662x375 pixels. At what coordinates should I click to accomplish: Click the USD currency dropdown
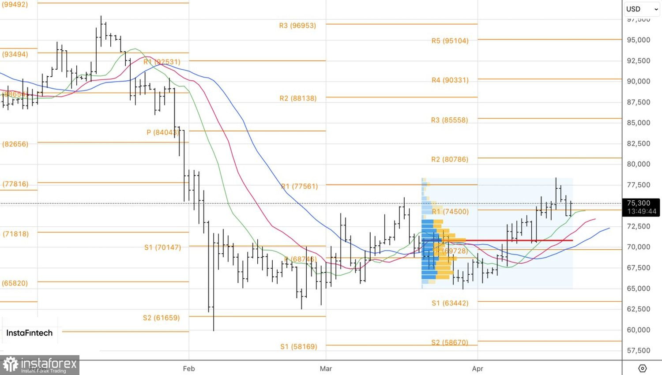pyautogui.click(x=642, y=9)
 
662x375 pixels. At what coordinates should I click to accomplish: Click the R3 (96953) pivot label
pyautogui.click(x=297, y=26)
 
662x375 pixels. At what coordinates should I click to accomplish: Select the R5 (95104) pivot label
pyautogui.click(x=450, y=41)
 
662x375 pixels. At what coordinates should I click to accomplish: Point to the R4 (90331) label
pyautogui.click(x=450, y=80)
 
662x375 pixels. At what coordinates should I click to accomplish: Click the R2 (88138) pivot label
pyautogui.click(x=298, y=98)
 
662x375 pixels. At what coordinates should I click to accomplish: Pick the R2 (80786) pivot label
pyautogui.click(x=449, y=159)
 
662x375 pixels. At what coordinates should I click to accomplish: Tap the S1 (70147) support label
pyautogui.click(x=162, y=247)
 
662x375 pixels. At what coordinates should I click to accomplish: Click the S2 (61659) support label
pyautogui.click(x=161, y=318)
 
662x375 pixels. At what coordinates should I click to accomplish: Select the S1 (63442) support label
pyautogui.click(x=450, y=303)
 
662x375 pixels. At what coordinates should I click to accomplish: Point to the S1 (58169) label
pyautogui.click(x=298, y=347)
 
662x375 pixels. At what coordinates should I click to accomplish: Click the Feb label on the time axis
pyautogui.click(x=189, y=369)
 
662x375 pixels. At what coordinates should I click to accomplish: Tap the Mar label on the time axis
pyautogui.click(x=326, y=369)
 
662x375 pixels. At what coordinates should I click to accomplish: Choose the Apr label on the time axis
pyautogui.click(x=478, y=369)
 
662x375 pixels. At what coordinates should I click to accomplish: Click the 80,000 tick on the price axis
pyautogui.click(x=638, y=164)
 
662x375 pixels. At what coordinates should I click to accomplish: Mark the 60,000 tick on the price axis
pyautogui.click(x=638, y=330)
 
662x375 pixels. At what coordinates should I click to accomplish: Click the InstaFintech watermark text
pyautogui.click(x=29, y=333)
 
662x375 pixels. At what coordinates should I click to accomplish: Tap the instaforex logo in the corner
pyautogui.click(x=40, y=365)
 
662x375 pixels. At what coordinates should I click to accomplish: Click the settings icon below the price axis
pyautogui.click(x=642, y=368)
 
